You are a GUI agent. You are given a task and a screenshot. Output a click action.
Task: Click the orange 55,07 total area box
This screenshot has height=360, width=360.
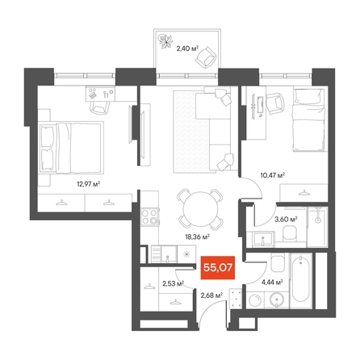[218, 267]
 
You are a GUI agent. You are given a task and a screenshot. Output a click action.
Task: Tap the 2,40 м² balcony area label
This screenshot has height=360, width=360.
[187, 48]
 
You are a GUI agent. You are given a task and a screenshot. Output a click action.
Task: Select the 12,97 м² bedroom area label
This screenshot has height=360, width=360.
[89, 184]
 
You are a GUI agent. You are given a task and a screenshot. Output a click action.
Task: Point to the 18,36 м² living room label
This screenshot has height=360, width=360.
[197, 237]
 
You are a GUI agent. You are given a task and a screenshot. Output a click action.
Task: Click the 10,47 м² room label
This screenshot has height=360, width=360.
[273, 175]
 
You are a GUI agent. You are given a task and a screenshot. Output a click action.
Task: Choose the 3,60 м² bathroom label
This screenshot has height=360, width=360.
[286, 220]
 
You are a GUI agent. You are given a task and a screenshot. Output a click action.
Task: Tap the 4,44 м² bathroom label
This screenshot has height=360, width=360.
[272, 283]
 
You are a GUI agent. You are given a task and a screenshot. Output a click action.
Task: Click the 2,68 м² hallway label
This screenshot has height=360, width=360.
[211, 295]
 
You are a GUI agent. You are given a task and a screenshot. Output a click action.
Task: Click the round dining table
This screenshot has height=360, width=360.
[200, 209]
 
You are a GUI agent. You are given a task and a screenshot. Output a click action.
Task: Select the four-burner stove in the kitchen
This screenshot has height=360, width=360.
[150, 217]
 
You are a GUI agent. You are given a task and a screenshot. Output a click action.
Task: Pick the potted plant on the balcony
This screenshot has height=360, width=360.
[165, 41]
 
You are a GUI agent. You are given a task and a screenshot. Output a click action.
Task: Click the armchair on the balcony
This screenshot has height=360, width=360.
[206, 57]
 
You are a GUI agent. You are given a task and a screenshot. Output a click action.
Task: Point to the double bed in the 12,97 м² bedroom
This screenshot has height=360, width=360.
[71, 148]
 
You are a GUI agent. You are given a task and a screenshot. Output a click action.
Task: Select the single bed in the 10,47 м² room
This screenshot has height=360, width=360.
[308, 120]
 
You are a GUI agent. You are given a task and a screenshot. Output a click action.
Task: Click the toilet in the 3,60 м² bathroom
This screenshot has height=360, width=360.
[290, 233]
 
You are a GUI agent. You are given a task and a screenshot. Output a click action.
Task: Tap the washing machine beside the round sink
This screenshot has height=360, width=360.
[255, 299]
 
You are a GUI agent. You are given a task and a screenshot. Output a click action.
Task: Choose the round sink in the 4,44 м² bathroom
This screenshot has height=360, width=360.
[277, 299]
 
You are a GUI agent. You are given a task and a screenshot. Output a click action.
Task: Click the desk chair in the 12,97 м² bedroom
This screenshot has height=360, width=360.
[100, 107]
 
